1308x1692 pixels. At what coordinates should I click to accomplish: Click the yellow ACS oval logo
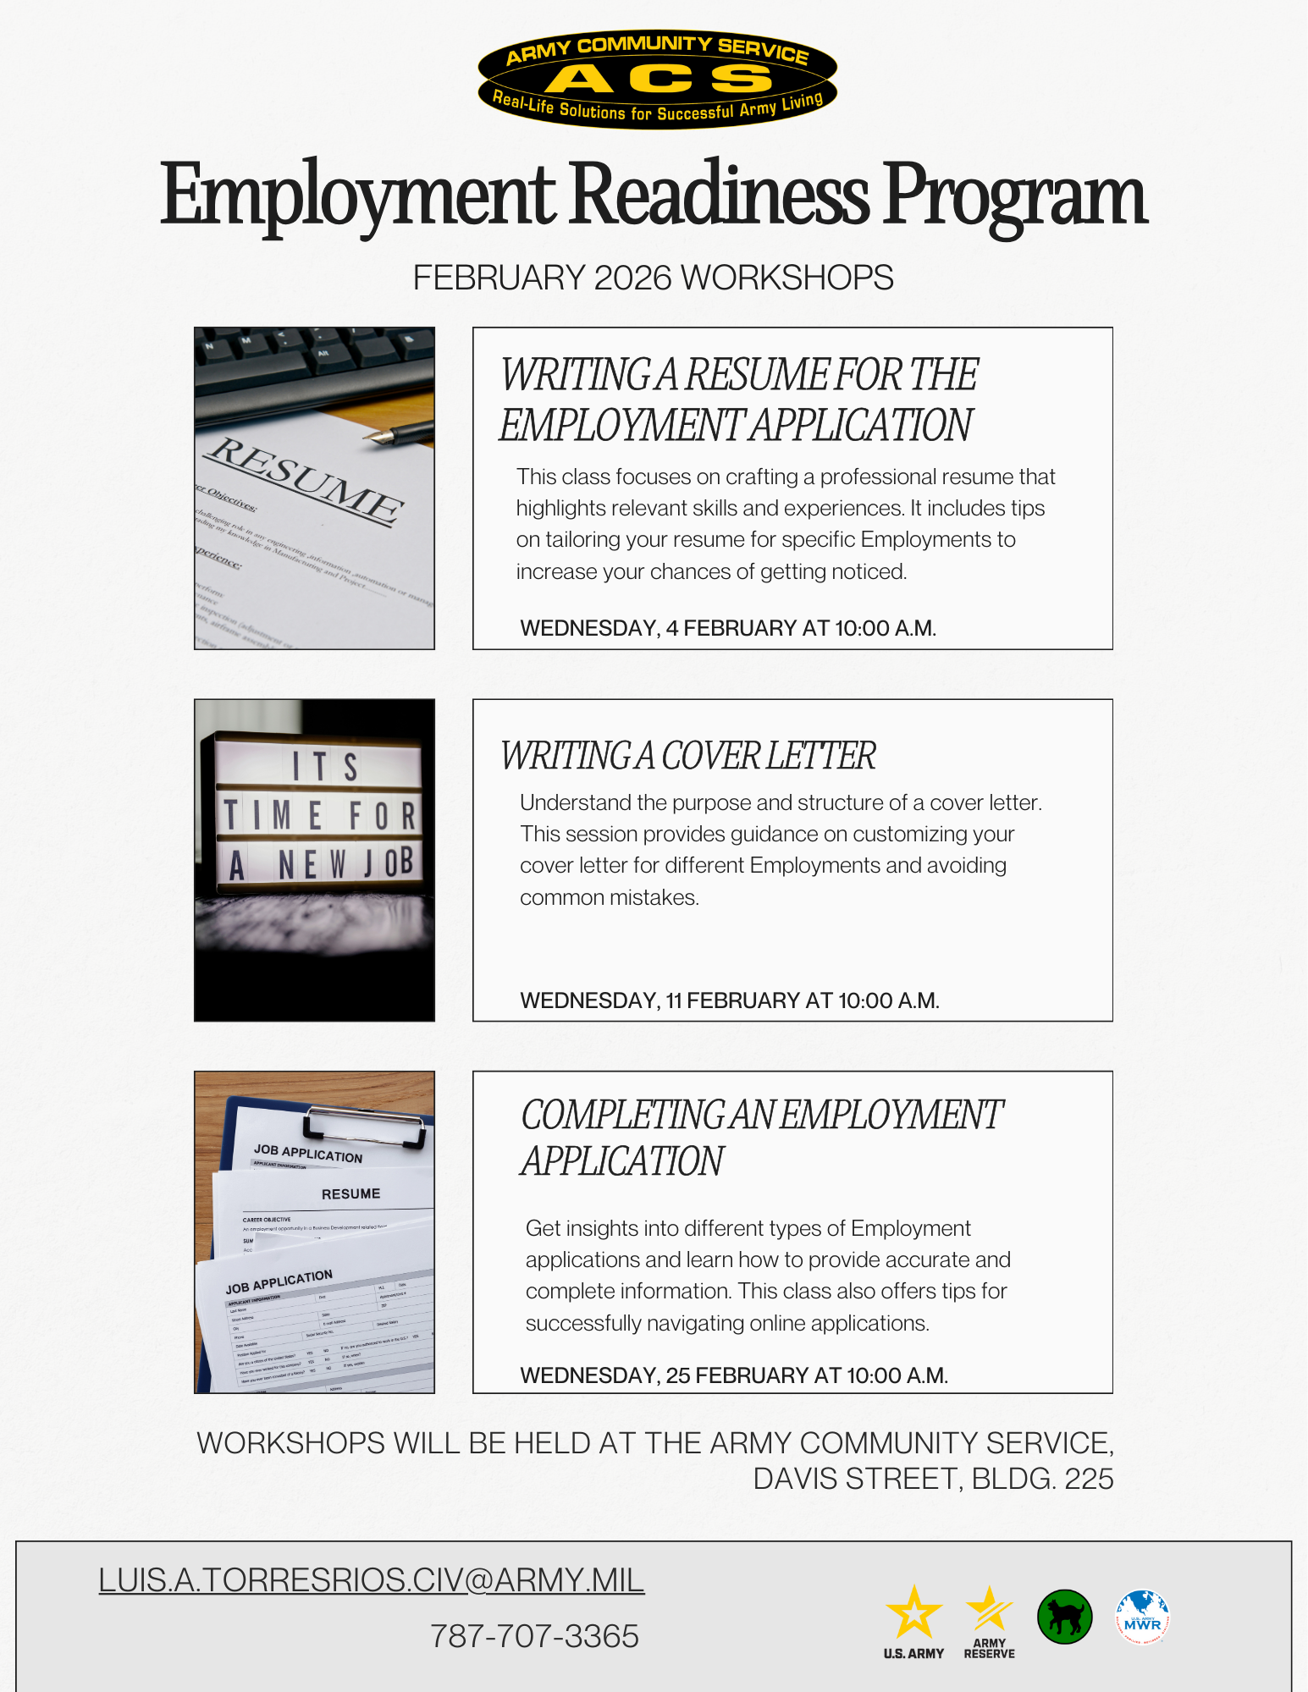pyautogui.click(x=657, y=80)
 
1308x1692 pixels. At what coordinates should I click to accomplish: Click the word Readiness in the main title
pyautogui.click(x=720, y=196)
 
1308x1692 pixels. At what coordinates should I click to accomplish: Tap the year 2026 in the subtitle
pyautogui.click(x=632, y=278)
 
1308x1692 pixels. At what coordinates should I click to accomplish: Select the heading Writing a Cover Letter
pyautogui.click(x=687, y=756)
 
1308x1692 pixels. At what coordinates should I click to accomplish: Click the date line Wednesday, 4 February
pyautogui.click(x=728, y=628)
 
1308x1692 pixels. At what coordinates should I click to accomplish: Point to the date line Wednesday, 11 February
pyautogui.click(x=730, y=1000)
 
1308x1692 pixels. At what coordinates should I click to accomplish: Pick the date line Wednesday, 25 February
pyautogui.click(x=734, y=1375)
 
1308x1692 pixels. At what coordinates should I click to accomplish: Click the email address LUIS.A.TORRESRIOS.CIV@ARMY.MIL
pyautogui.click(x=371, y=1580)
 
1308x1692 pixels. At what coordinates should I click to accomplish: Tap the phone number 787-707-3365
pyautogui.click(x=534, y=1636)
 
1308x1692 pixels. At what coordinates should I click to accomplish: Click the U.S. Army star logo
pyautogui.click(x=913, y=1615)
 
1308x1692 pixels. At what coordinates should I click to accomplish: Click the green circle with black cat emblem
pyautogui.click(x=1064, y=1617)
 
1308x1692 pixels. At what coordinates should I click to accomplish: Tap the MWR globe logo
pyautogui.click(x=1142, y=1617)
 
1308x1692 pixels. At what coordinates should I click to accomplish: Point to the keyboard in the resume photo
pyautogui.click(x=313, y=360)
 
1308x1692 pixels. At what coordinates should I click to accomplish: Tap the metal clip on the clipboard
pyautogui.click(x=364, y=1126)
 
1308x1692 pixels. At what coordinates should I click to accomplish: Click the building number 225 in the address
pyautogui.click(x=1089, y=1479)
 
